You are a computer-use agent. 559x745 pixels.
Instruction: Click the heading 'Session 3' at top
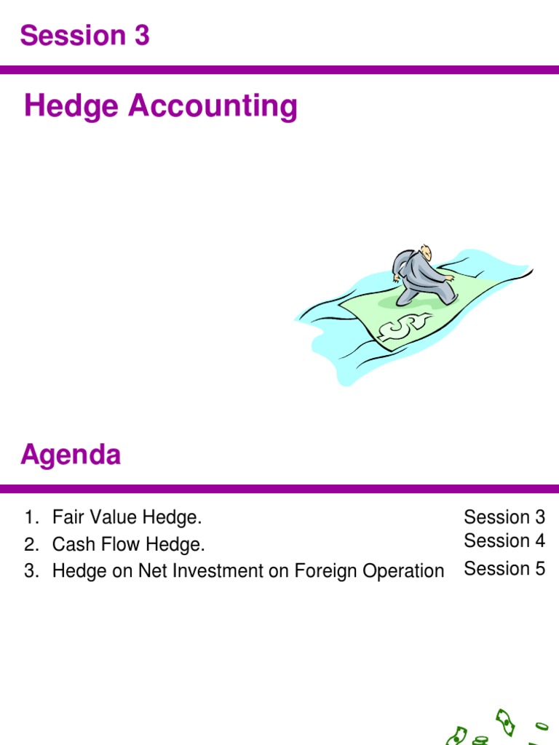tap(85, 35)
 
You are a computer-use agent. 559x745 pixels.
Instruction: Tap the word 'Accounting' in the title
tap(213, 106)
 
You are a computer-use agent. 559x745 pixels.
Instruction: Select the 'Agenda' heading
tap(71, 455)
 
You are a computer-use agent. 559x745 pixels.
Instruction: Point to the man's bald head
tap(425, 252)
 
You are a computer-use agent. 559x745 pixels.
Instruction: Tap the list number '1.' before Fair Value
tap(31, 518)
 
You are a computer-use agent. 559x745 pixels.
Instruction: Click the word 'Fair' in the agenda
tap(66, 518)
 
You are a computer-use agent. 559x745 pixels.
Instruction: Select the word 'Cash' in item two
tap(69, 544)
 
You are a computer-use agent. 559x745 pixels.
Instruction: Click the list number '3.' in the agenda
tap(31, 571)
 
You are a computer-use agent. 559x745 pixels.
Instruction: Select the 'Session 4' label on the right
tap(504, 541)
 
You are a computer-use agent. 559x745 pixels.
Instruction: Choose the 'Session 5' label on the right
tap(504, 569)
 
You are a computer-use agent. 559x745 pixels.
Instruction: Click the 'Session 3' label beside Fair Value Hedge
tap(504, 517)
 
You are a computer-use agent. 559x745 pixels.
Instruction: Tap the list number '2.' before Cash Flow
tap(31, 544)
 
